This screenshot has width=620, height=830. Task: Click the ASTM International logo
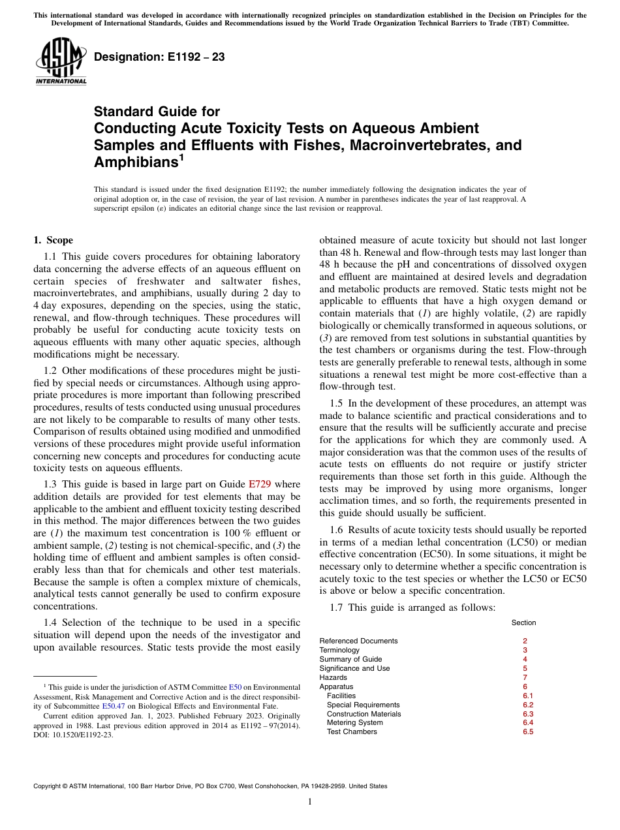[x=61, y=62]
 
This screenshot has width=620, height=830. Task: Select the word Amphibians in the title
[x=135, y=162]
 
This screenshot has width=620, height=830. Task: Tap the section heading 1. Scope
[x=54, y=240]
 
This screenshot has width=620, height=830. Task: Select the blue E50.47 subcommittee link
[x=114, y=706]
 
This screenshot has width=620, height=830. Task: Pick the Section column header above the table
[x=523, y=622]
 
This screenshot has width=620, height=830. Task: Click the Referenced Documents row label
[x=358, y=641]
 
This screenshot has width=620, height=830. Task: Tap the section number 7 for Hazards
[x=525, y=677]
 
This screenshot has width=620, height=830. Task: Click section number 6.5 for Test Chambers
[x=528, y=732]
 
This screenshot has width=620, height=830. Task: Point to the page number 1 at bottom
[x=309, y=802]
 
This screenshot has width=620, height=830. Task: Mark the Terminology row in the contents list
[x=339, y=650]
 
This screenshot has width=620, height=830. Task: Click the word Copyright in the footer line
[x=50, y=786]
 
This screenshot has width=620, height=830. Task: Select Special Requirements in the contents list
[x=363, y=705]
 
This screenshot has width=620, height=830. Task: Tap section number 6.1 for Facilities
[x=528, y=696]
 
